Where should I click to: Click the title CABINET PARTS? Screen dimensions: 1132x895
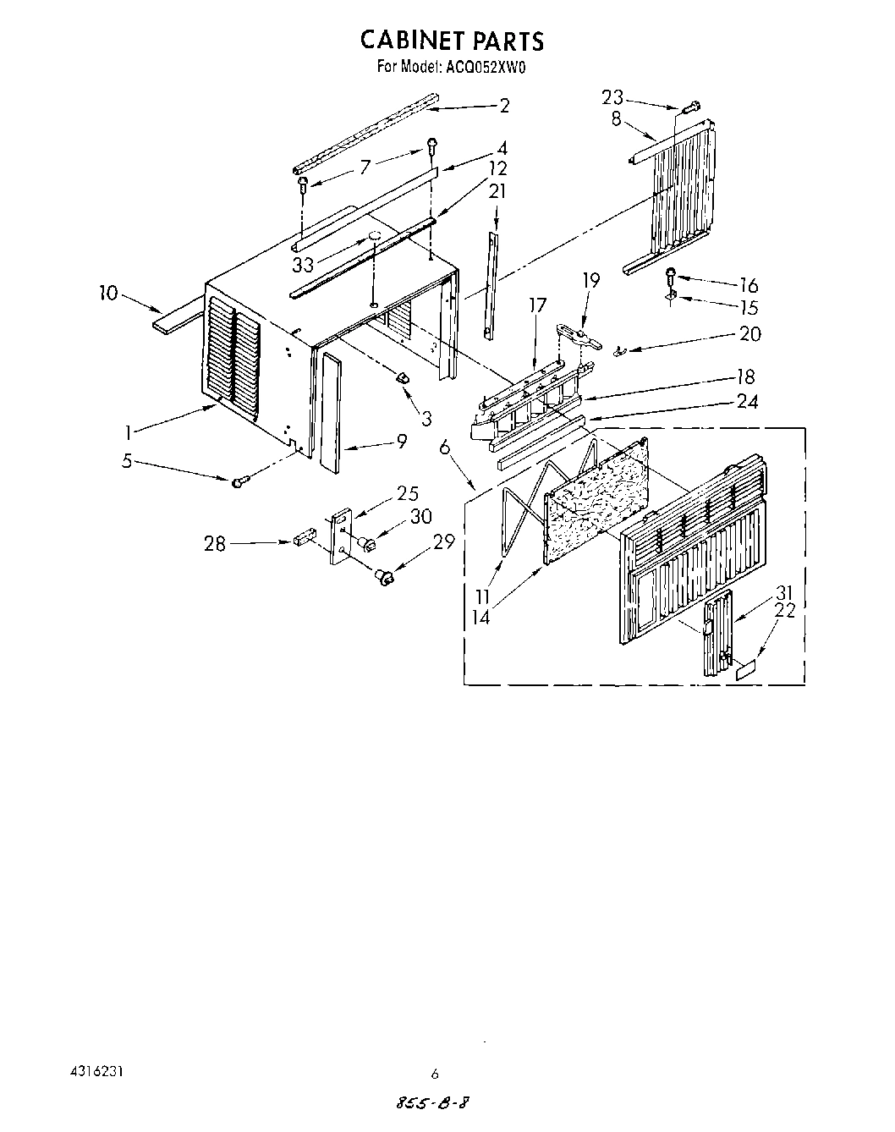452,41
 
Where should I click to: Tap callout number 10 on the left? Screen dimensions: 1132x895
107,294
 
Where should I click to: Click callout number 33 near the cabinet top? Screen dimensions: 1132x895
304,265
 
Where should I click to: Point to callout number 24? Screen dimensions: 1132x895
746,401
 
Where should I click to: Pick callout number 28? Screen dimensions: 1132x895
215,544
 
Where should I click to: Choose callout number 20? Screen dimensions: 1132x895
749,334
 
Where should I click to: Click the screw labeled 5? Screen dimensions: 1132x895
239,481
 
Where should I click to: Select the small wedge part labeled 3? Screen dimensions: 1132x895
403,376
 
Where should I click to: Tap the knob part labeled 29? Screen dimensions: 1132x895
386,577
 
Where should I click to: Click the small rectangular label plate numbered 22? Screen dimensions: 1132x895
744,672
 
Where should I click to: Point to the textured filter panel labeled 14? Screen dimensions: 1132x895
596,499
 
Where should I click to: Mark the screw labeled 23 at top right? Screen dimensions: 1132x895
689,107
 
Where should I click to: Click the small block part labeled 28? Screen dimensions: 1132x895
305,538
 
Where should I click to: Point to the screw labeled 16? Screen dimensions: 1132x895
672,274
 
